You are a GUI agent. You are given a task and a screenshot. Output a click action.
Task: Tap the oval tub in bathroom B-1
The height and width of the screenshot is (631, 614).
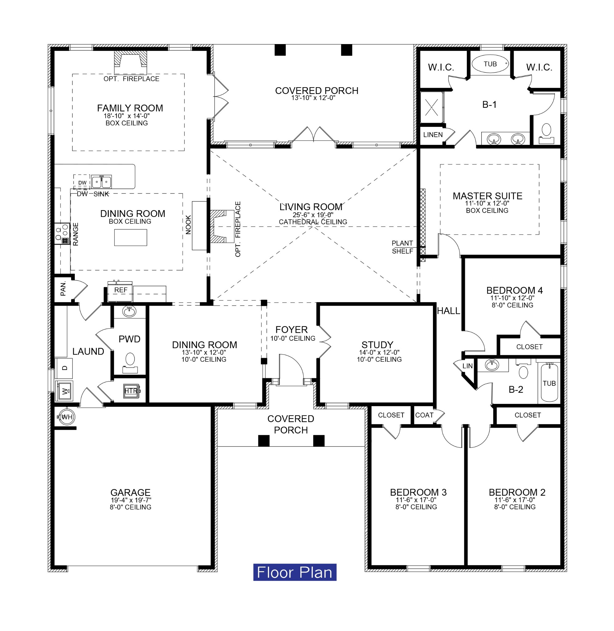click(x=490, y=64)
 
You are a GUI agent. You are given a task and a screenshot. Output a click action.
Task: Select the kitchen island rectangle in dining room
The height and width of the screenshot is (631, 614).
click(x=131, y=238)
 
